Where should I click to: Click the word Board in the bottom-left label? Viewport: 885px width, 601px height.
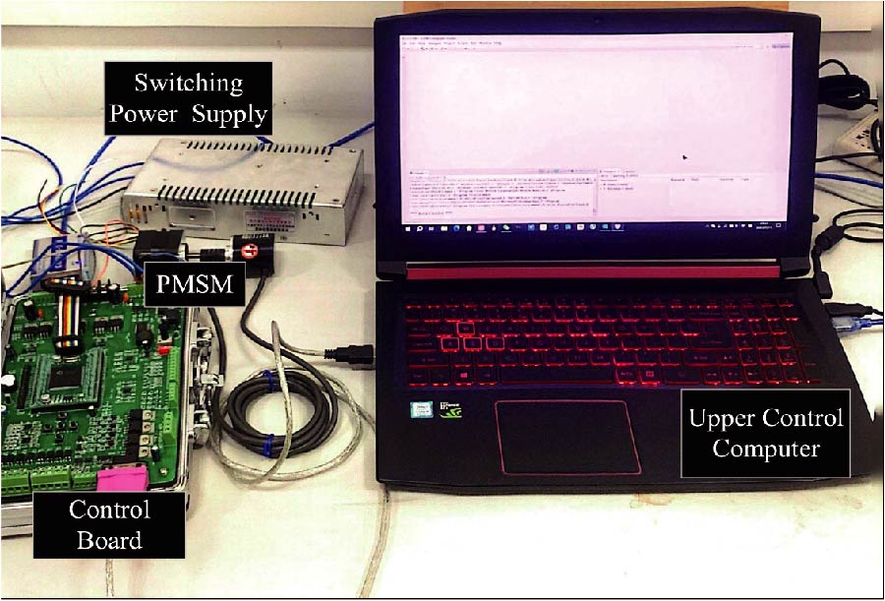coord(108,539)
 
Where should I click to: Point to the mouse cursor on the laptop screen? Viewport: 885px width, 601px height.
coord(684,155)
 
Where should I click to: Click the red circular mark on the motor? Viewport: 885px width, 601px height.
coord(250,250)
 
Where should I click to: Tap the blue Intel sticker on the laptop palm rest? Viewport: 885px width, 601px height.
coord(419,407)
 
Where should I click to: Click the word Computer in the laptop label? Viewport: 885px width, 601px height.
coord(766,450)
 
